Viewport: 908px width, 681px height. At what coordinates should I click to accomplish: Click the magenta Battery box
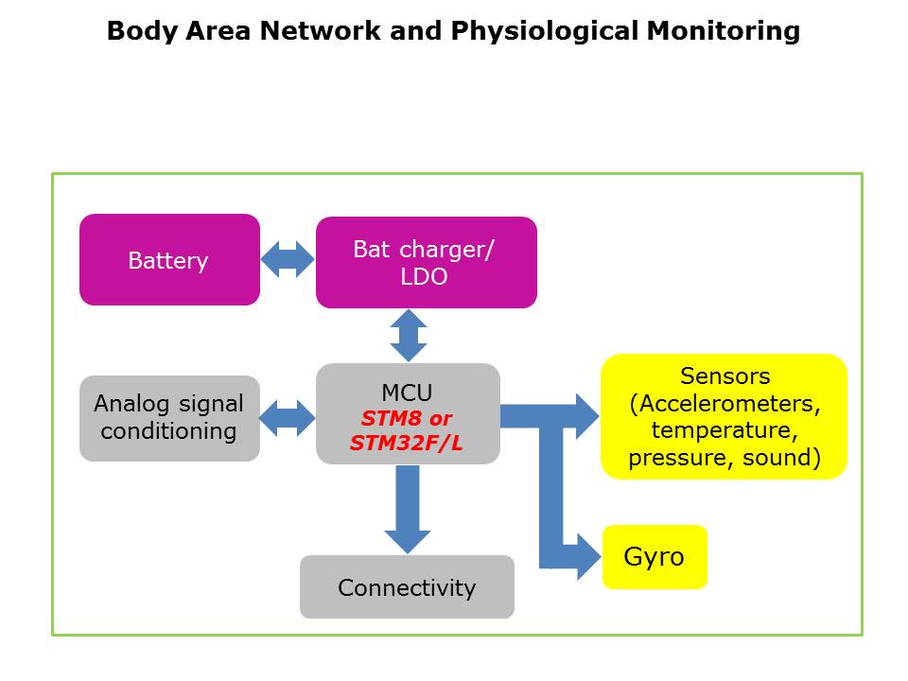coord(169,260)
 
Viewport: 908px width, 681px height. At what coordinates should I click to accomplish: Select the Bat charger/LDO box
coord(426,262)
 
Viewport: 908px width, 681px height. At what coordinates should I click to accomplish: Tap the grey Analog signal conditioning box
coord(169,418)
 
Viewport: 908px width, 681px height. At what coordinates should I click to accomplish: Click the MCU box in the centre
coord(407,392)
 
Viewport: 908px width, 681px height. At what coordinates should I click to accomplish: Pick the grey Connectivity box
coord(407,587)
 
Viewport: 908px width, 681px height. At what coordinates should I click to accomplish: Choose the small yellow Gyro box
coord(655,557)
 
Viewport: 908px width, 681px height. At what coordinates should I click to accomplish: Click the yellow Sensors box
coord(724,416)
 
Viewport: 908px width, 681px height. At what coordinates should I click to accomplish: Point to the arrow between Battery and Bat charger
coord(288,260)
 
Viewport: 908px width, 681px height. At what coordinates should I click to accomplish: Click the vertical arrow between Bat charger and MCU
coord(409,335)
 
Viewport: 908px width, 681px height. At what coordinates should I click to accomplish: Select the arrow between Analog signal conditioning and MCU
coord(288,418)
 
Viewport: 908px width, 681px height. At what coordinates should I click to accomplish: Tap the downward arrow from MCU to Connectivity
coord(408,511)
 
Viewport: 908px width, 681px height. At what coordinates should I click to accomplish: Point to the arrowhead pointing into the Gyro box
coord(588,554)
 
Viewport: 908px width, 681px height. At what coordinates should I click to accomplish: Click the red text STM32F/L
coord(407,442)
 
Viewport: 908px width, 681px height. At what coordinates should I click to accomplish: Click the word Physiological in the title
coord(544,32)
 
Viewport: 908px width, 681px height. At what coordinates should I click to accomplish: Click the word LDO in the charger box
coord(424,277)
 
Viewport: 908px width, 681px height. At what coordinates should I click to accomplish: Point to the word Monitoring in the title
coord(724,32)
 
